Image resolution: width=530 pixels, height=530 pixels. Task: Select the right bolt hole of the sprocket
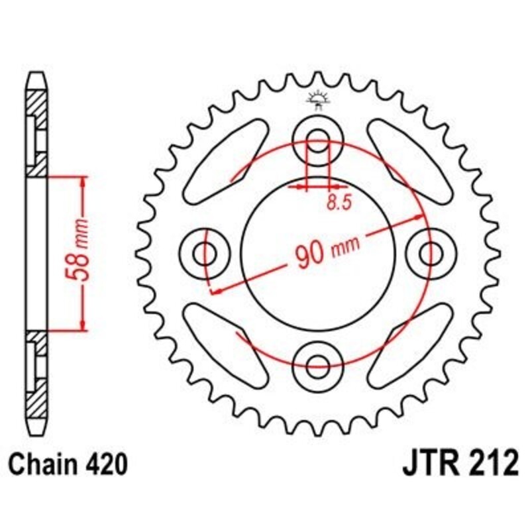click(x=432, y=252)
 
